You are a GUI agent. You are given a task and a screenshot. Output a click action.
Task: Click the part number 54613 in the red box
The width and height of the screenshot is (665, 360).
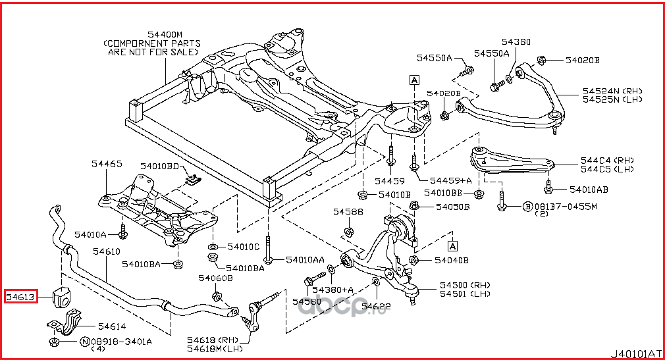[x=20, y=297]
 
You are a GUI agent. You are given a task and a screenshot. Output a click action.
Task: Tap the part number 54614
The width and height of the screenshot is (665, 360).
[x=112, y=326]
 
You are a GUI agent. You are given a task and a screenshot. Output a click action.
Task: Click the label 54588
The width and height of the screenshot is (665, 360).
[x=347, y=211]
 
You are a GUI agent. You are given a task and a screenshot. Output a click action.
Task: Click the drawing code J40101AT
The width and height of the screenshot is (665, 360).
[x=636, y=353]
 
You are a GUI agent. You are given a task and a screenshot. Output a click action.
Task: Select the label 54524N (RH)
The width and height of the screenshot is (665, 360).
[x=612, y=91]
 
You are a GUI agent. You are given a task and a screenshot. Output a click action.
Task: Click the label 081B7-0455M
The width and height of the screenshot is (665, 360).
[x=564, y=206]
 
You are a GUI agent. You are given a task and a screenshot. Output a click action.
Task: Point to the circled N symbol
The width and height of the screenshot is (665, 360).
[x=85, y=342]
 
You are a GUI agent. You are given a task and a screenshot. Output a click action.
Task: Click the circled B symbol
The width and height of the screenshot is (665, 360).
[x=527, y=206]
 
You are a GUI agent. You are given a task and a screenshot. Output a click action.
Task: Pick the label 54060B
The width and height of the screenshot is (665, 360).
[x=218, y=278]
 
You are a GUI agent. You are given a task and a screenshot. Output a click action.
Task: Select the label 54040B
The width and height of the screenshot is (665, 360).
[x=451, y=260]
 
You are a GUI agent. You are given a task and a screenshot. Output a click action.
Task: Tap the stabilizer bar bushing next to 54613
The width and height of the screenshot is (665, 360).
[x=63, y=297]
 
